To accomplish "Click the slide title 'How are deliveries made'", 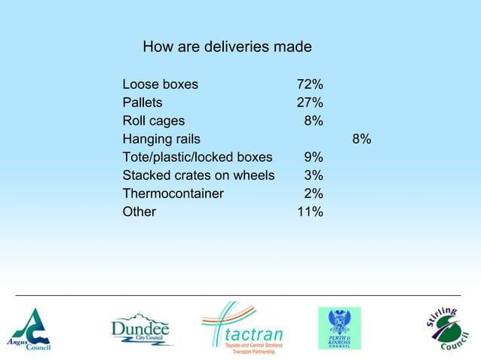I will pyautogui.click(x=227, y=47).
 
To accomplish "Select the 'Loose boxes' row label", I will pyautogui.click(x=161, y=84).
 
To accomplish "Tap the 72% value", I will pyautogui.click(x=310, y=84).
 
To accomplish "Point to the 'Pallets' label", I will pyautogui.click(x=142, y=102).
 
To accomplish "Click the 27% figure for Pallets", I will pyautogui.click(x=310, y=102).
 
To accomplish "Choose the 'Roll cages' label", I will pyautogui.click(x=154, y=121).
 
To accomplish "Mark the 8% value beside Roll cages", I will pyautogui.click(x=314, y=121).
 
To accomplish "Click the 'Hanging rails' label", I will pyautogui.click(x=161, y=139).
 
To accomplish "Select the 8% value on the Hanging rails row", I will pyautogui.click(x=361, y=139).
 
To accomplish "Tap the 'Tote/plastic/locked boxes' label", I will pyautogui.click(x=197, y=157).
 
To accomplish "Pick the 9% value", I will pyautogui.click(x=314, y=157).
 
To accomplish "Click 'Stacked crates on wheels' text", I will pyautogui.click(x=198, y=175).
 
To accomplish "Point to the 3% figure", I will pyautogui.click(x=314, y=175).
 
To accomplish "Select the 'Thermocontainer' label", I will pyautogui.click(x=173, y=194).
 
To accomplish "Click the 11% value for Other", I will pyautogui.click(x=310, y=212).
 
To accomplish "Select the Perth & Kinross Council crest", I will pyautogui.click(x=339, y=328).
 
